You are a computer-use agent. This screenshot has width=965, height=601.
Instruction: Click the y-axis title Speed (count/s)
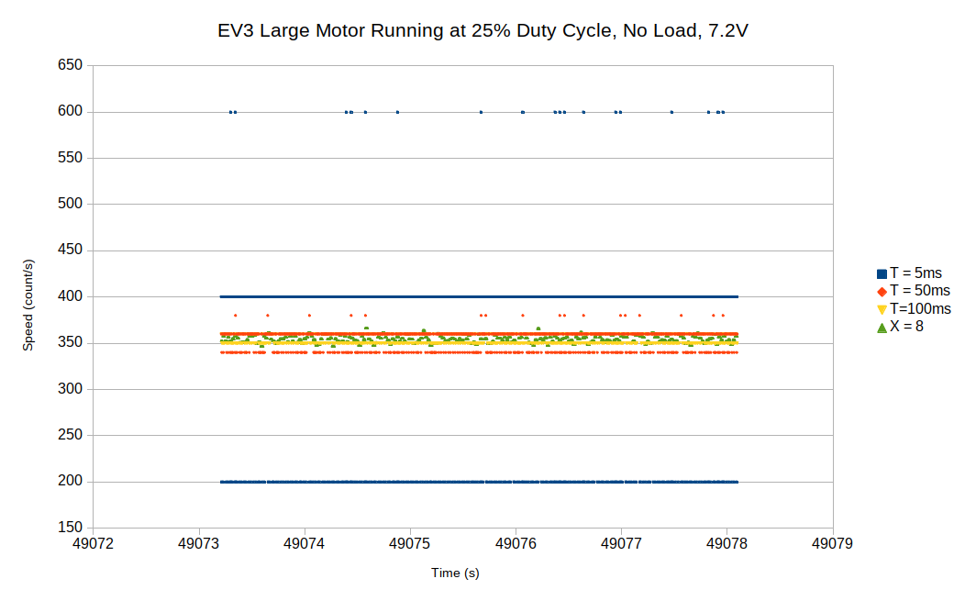(28, 306)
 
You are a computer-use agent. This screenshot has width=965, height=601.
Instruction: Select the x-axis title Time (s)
(455, 573)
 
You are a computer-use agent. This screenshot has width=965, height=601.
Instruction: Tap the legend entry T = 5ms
(915, 273)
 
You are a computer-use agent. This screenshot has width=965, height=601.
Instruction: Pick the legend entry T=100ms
(920, 308)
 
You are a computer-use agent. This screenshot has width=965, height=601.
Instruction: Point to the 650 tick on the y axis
(71, 65)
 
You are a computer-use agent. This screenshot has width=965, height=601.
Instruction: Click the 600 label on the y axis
(71, 112)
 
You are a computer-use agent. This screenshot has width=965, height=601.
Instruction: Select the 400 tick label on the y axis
(71, 296)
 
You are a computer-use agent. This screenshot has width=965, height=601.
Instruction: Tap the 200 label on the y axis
(71, 482)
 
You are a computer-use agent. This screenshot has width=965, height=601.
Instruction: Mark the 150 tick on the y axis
(71, 528)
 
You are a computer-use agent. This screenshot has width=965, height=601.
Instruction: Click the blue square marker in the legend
(882, 273)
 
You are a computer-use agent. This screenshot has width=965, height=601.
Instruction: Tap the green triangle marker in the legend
(882, 327)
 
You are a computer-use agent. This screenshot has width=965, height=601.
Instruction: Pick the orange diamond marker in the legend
(882, 291)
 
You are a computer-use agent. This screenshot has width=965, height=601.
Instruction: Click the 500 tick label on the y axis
(71, 204)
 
